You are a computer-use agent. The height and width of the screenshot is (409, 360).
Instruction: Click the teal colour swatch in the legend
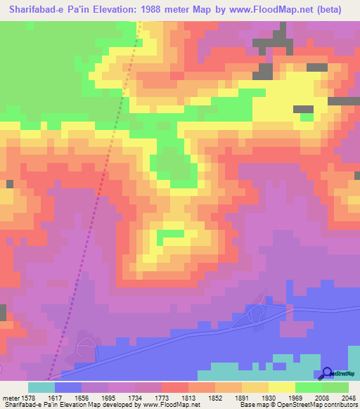pyautogui.click(x=41, y=387)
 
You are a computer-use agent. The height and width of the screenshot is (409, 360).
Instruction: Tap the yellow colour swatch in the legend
pyautogui.click(x=281, y=387)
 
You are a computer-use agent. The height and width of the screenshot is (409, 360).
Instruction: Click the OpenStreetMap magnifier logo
pyautogui.click(x=328, y=373)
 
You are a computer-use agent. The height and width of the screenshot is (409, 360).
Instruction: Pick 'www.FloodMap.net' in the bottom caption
pyautogui.click(x=170, y=404)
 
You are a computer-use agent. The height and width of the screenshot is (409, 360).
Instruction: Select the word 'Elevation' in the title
pyautogui.click(x=119, y=9)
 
